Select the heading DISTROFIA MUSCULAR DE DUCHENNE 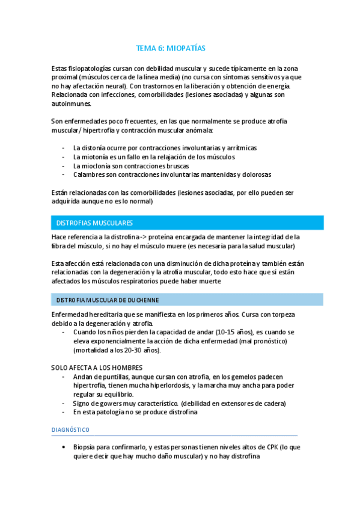[108, 300]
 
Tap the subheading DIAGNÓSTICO [70, 430]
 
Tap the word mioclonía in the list [99, 165]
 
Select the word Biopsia [85, 447]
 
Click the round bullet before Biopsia [64, 447]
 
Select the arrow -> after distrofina [128, 237]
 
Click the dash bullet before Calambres [64, 174]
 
